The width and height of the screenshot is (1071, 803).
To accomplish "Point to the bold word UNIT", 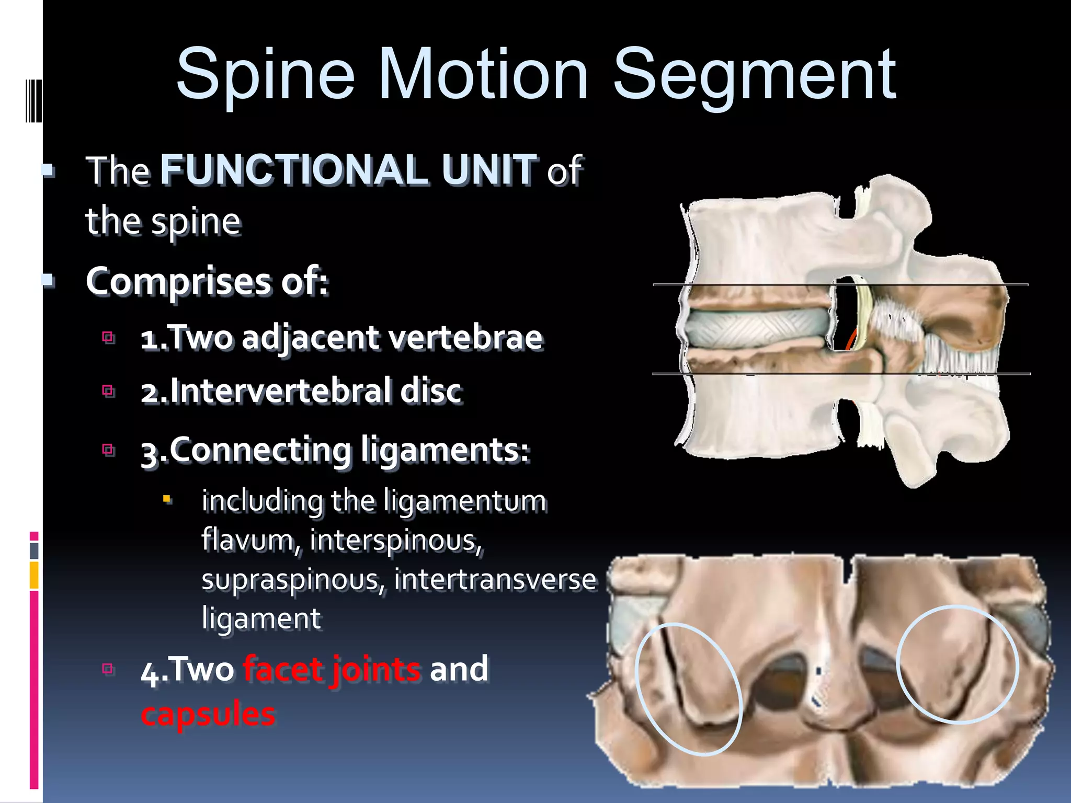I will coord(489,169).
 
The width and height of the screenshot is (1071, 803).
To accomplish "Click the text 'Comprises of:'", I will coord(207,281).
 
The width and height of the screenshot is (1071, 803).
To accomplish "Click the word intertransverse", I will coord(495,579).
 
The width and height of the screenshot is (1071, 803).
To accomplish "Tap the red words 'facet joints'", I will coord(332,669).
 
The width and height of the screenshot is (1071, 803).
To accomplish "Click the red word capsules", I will coord(208,714).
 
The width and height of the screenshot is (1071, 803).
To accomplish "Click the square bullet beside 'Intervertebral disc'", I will coord(108,391).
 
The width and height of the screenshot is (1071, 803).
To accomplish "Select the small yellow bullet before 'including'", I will coord(167,499).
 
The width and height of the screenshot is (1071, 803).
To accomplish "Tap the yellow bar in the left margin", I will coord(34,575).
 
